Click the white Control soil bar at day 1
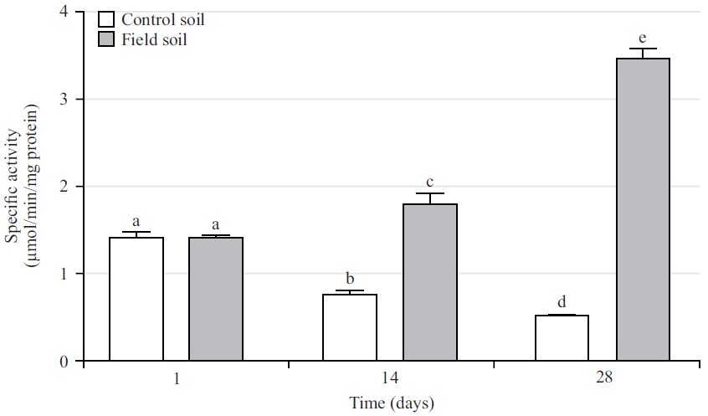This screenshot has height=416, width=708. (x=136, y=300)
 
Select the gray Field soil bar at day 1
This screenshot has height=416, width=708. (x=216, y=300)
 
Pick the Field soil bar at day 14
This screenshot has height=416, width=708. (x=430, y=283)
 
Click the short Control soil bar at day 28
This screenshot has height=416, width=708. (x=562, y=338)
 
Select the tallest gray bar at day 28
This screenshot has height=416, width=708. (x=643, y=209)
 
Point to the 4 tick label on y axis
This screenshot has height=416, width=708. (x=64, y=13)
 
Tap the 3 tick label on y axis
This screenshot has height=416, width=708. (x=64, y=100)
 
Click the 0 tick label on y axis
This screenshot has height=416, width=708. (x=64, y=362)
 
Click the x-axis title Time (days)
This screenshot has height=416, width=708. (x=391, y=403)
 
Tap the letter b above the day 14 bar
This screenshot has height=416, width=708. (x=350, y=278)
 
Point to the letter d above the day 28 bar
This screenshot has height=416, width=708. (x=562, y=301)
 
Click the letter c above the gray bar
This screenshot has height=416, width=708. (x=430, y=182)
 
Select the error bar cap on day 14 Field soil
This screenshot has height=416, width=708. (x=430, y=193)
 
